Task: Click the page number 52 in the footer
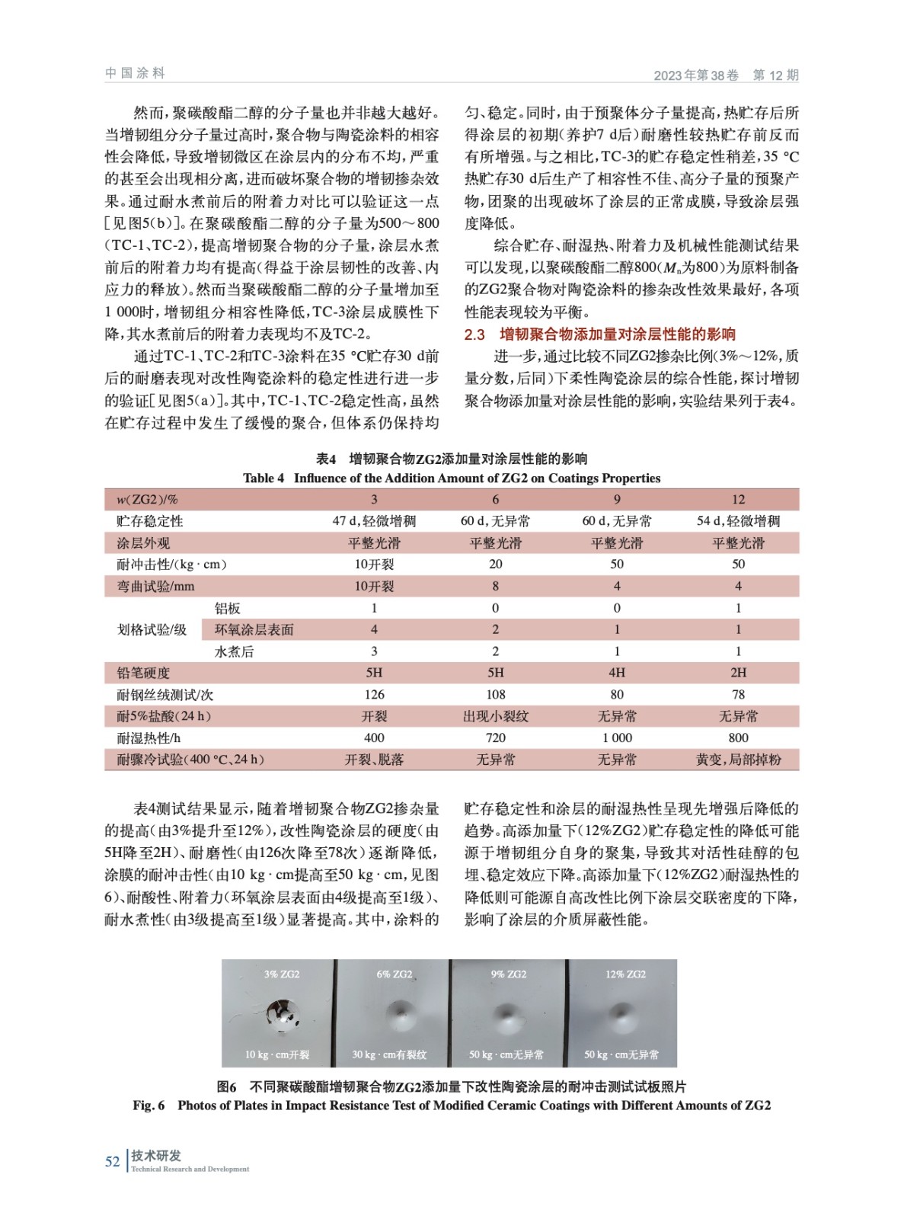coord(112,1161)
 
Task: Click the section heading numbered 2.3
coord(599,334)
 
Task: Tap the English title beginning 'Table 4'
coord(451,478)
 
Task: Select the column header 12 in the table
coord(738,500)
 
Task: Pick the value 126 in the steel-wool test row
coord(374,695)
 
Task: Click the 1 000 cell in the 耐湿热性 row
coord(617,738)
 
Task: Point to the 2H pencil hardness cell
coord(738,673)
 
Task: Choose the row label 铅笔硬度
coord(143,673)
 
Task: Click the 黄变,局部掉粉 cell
coord(738,760)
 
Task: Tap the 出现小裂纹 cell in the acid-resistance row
coord(495,716)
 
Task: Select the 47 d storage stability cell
coord(374,521)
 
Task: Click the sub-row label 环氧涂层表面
coord(254,630)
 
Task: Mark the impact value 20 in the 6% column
coord(495,565)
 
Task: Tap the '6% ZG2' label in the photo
coord(394,974)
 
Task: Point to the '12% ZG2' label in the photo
coord(625,974)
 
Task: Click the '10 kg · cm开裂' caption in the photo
coord(277,1055)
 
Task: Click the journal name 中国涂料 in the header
coord(135,73)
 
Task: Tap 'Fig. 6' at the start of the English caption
coord(149,1105)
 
